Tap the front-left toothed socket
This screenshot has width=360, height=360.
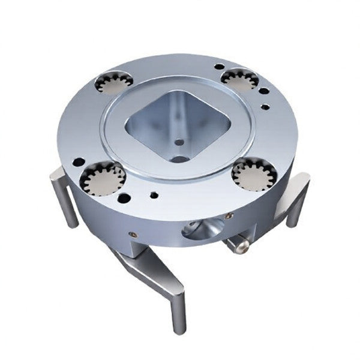pos(103,178)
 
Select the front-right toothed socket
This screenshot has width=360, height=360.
pos(254,175)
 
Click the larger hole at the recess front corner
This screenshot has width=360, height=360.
pos(179,160)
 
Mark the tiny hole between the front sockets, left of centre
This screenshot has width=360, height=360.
pos(155,194)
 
